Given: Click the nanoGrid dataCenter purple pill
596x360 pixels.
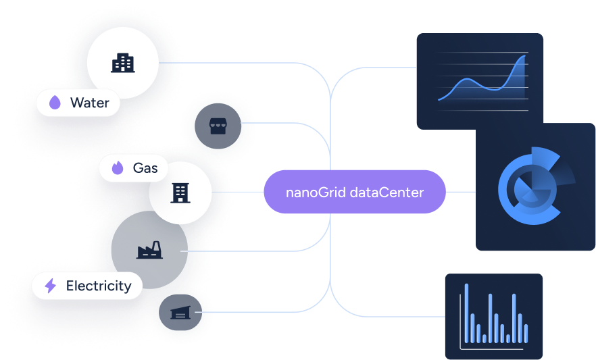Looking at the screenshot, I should coord(355,192).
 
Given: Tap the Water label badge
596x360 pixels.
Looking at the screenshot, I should coord(78,103).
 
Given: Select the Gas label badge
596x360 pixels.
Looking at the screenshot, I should coord(133,168).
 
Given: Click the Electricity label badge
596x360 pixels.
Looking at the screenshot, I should coord(87,286).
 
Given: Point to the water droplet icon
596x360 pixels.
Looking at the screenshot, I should coord(55,103).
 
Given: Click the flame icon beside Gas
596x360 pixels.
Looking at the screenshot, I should coord(118,168).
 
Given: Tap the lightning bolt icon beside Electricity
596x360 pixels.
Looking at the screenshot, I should coord(50,286).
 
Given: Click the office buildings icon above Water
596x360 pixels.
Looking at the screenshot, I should coord(122,63).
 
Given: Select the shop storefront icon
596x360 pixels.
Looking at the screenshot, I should coord(218,126).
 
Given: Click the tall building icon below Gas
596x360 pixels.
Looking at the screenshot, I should coord(180,193).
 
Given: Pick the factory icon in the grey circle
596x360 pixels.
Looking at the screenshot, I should coord(149,251).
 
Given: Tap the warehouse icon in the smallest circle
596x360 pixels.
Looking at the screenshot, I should coord(180,313).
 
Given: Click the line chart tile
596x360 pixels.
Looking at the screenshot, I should coord(480,81).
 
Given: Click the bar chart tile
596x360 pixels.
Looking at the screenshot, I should coord(493,316).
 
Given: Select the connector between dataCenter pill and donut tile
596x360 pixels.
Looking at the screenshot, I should coord(461,192).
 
